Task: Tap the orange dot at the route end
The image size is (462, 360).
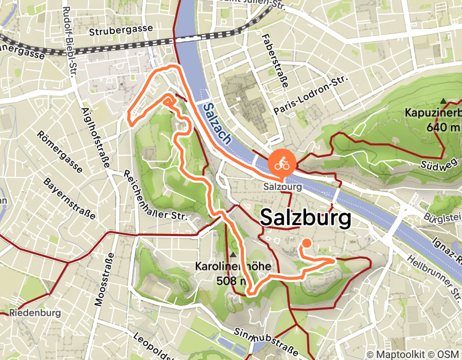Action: [x=307, y=243]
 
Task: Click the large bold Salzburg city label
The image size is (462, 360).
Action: [x=306, y=218]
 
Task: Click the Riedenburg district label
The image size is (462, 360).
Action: [x=35, y=313]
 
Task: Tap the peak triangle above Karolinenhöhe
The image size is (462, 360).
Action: [x=234, y=255]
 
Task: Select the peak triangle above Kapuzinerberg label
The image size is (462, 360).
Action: [x=443, y=101]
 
